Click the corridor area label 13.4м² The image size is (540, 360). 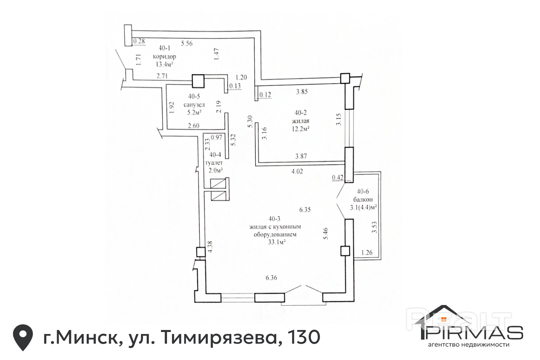click(165, 64)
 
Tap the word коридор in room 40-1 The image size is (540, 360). click(164, 57)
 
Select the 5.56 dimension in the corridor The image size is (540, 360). click(187, 43)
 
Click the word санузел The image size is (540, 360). click(194, 105)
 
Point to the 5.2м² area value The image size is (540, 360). click(194, 112)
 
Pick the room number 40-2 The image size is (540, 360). click(301, 113)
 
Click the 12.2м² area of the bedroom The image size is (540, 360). click(301, 129)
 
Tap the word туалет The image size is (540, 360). click(214, 163)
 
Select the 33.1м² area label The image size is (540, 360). click(277, 242)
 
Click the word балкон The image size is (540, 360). click(363, 199)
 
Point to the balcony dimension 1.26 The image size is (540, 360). click(367, 252)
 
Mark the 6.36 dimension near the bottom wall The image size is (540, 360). click(271, 278)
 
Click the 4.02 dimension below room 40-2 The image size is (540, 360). click(297, 171)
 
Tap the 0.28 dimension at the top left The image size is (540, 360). click(139, 41)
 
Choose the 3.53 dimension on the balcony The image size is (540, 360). click(374, 227)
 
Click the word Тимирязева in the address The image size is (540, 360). click(219, 338)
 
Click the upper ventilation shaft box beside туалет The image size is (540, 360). click(218, 183)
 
